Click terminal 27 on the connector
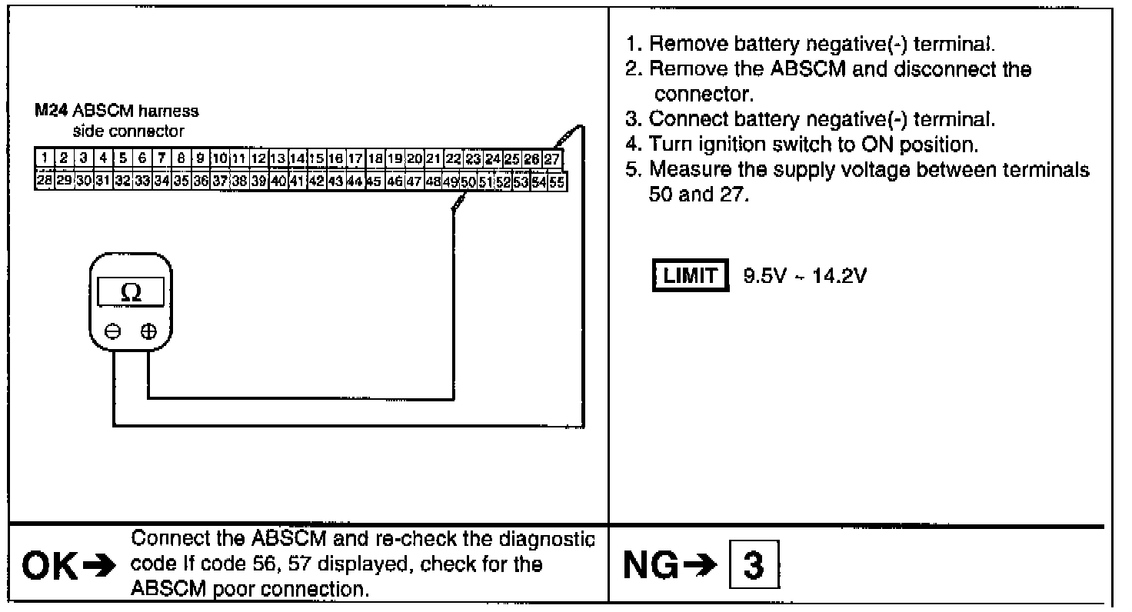[x=553, y=159]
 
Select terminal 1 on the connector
[x=45, y=159]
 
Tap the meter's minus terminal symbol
[x=113, y=331]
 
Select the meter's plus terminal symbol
[x=148, y=331]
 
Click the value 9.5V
[x=762, y=276]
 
